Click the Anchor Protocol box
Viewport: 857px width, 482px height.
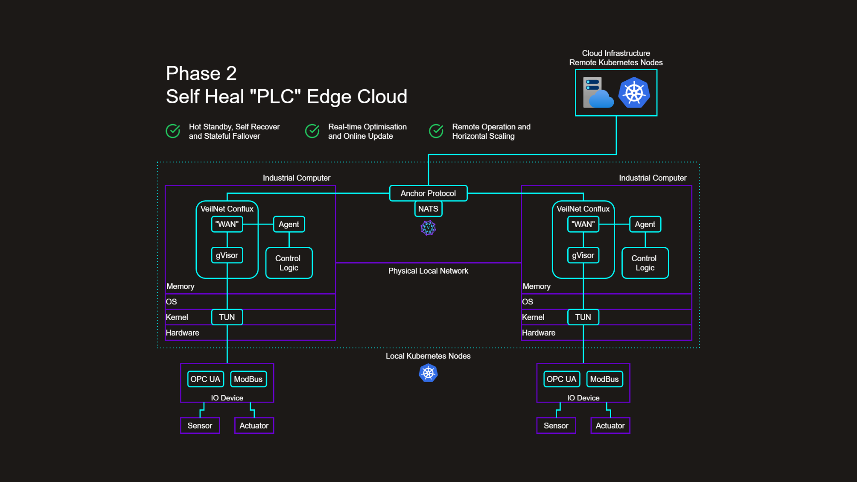(428, 193)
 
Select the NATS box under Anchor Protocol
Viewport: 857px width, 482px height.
(428, 209)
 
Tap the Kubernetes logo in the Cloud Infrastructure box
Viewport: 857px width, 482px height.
(634, 93)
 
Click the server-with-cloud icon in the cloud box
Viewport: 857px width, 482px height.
(598, 93)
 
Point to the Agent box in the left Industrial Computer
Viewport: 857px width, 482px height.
(289, 224)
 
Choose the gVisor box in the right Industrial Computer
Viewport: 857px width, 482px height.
(583, 255)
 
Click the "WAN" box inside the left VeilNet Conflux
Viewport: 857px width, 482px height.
(227, 224)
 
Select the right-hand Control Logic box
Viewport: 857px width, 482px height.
(645, 263)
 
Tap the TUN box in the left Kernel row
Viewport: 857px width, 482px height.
(227, 317)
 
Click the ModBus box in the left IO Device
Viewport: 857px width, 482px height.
(248, 379)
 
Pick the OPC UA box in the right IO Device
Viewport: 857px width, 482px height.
(561, 379)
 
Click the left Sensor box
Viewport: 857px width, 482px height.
(200, 426)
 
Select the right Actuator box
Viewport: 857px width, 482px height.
(610, 426)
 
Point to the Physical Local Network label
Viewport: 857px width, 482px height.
(428, 271)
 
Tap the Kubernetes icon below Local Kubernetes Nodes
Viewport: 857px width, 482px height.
(428, 373)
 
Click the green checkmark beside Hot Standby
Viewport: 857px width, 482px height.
(173, 131)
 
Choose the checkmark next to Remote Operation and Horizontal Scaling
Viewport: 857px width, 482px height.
(436, 131)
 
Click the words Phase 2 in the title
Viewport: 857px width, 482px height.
(201, 74)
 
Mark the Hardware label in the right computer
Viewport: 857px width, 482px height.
(538, 333)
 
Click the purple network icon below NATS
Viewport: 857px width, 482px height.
(428, 228)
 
